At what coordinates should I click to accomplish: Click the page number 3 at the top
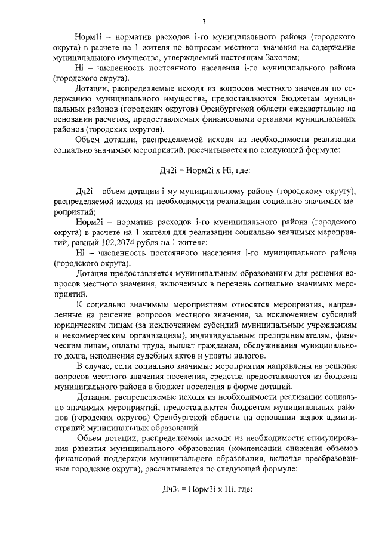(203, 22)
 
